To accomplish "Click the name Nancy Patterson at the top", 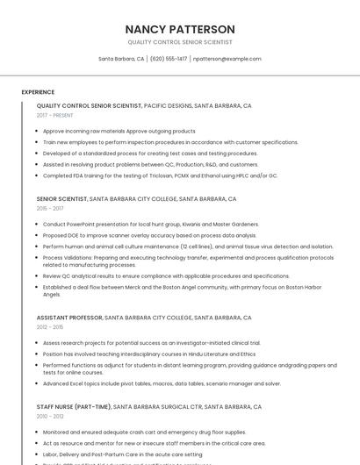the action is click(180, 29).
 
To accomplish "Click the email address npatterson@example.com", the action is click(227, 59).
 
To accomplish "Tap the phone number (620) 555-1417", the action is click(169, 59).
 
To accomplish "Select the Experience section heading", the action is click(38, 91).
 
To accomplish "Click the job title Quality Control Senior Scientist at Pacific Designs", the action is click(89, 105).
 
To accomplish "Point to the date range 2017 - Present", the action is click(55, 115).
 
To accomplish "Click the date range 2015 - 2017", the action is click(50, 208).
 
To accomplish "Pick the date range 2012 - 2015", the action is click(50, 326).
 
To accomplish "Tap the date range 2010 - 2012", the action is click(50, 416).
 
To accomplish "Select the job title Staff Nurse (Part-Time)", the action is click(74, 407).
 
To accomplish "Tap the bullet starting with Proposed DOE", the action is click(149, 235).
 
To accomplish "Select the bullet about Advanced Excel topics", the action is click(162, 383).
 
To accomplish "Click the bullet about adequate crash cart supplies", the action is click(144, 432).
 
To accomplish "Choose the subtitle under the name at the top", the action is click(180, 41).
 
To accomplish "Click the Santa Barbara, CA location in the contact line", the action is click(121, 59).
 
